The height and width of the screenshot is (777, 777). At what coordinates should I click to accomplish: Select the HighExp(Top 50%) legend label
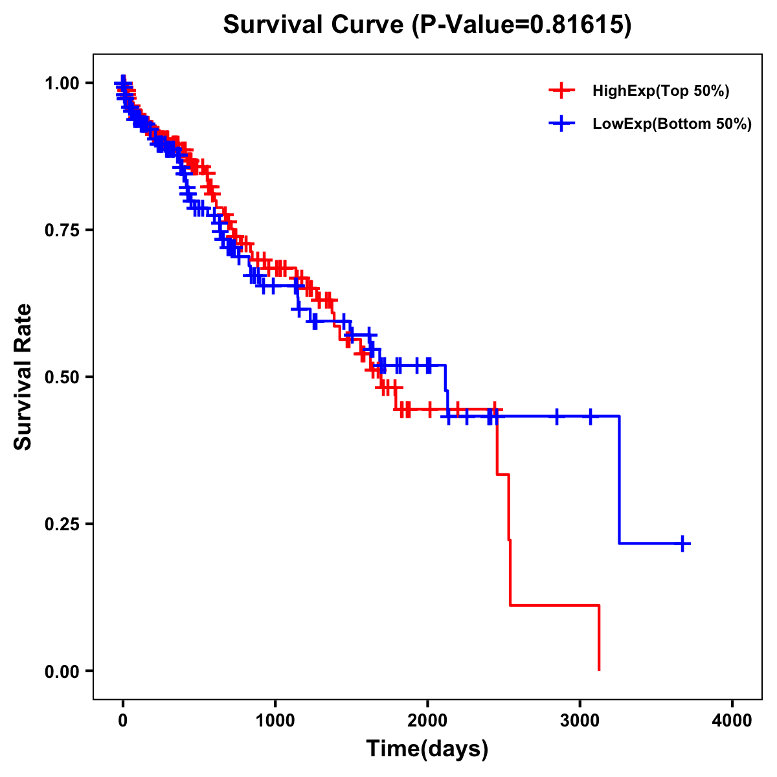coord(661,91)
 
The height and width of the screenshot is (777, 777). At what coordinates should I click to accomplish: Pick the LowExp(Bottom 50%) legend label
coord(672,124)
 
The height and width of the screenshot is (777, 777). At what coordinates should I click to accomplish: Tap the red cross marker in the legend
coord(561,91)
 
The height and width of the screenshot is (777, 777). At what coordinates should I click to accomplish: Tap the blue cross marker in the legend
coord(561,124)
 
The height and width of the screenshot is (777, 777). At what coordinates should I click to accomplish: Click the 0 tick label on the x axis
coord(122,721)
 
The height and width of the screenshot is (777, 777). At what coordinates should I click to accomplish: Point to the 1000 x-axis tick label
coord(275,721)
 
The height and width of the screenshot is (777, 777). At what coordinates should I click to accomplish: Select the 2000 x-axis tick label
coord(427,721)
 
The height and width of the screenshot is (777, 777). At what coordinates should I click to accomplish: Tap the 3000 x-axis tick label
coord(580,721)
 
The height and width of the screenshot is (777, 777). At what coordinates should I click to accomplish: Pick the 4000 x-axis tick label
coord(732,721)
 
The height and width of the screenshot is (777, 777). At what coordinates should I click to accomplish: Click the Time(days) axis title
coord(427,749)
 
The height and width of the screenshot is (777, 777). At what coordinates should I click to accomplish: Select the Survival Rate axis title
coord(23,376)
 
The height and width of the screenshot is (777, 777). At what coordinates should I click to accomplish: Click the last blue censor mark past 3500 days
coord(682,543)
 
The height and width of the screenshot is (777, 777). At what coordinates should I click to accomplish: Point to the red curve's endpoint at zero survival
coord(599,670)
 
